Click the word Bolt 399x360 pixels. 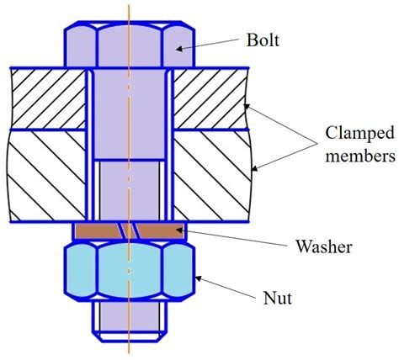coord(264,40)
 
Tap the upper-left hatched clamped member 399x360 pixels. coord(46,99)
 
